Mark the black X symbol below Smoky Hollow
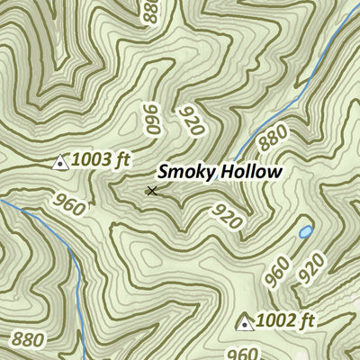coord(152,190)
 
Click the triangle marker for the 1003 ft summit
coord(61,162)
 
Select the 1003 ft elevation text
coord(102,161)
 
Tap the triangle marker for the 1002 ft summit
coord(245,322)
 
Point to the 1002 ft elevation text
coord(285,321)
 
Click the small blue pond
coord(306,232)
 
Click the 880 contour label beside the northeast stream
coord(273,137)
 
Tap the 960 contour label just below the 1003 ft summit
coord(70,204)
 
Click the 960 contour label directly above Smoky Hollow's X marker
coord(150,119)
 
